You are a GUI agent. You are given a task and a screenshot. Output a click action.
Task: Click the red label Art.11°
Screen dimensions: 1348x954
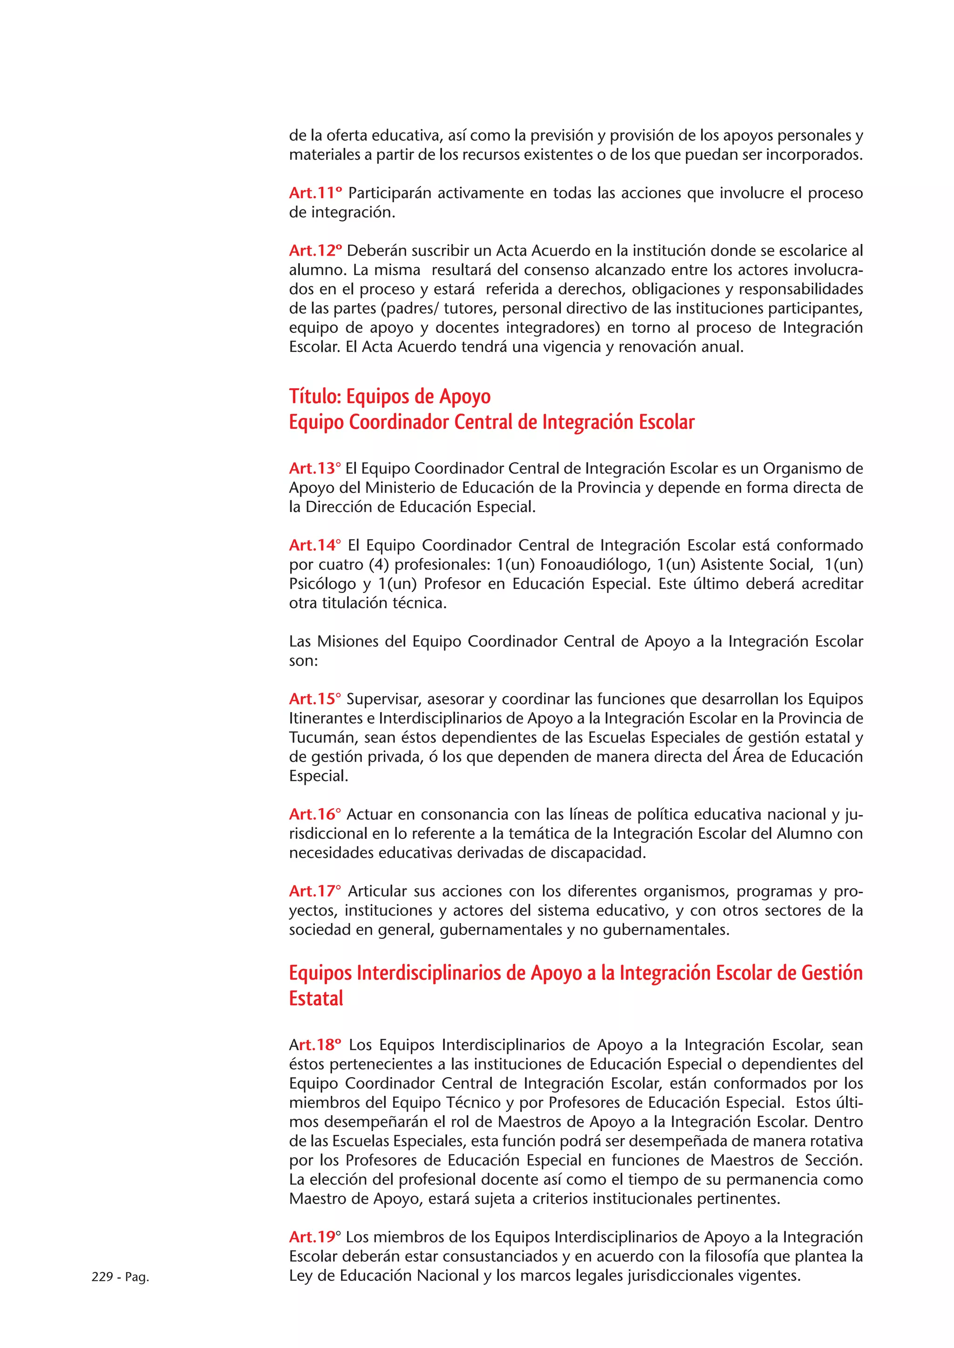click(x=315, y=193)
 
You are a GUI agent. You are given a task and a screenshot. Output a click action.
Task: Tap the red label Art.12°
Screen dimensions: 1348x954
click(x=315, y=251)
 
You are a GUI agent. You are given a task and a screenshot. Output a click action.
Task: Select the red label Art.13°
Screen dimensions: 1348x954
click(x=314, y=469)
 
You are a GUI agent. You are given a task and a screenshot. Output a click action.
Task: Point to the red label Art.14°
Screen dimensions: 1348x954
click(x=314, y=546)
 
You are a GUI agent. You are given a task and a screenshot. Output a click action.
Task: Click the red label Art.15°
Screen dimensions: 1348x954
click(x=314, y=699)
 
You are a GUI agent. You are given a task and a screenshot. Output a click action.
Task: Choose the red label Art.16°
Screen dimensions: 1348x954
click(x=314, y=814)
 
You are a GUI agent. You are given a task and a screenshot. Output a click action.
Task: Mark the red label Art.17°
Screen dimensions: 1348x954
click(x=314, y=891)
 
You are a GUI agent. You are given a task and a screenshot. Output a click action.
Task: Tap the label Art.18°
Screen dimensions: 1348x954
click(x=315, y=1045)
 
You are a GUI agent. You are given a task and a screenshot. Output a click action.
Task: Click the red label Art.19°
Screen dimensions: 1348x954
click(x=314, y=1237)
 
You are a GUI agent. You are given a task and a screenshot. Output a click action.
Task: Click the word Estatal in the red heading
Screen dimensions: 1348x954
click(x=316, y=999)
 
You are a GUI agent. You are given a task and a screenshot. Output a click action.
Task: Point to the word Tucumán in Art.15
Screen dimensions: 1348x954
click(x=322, y=737)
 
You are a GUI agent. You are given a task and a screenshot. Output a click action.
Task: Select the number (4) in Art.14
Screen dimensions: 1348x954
click(x=379, y=565)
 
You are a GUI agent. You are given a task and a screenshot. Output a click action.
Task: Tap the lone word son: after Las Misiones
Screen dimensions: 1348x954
click(x=303, y=661)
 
